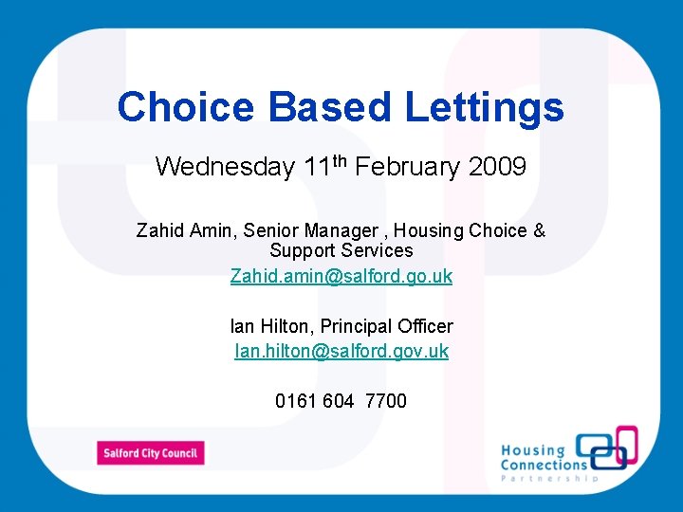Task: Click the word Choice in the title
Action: point(187,107)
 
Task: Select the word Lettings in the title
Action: point(485,107)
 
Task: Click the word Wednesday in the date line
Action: point(225,168)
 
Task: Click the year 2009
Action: point(497,168)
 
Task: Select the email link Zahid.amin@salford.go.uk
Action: point(341,276)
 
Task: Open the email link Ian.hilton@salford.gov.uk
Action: point(341,351)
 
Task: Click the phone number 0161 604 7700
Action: point(341,401)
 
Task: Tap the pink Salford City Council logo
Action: point(150,453)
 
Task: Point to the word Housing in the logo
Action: point(532,450)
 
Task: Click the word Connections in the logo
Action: point(544,465)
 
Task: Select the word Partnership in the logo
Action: point(550,479)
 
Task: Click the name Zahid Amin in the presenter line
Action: point(186,230)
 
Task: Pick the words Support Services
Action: point(341,250)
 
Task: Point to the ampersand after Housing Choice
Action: point(540,230)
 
